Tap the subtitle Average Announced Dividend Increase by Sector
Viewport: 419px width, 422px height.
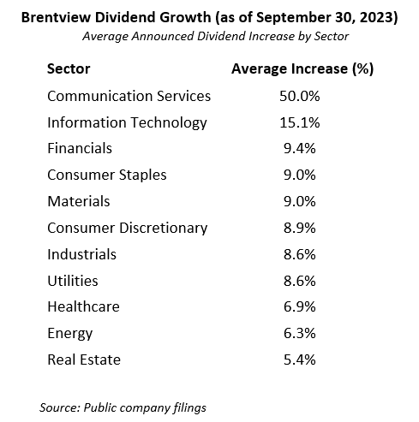tap(216, 37)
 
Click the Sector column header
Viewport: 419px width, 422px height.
tap(69, 68)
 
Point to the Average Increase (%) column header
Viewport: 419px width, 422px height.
tap(302, 69)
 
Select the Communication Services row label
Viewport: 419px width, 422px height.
tap(129, 96)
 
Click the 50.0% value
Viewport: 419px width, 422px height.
tap(300, 96)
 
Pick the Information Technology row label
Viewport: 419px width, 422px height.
tap(127, 123)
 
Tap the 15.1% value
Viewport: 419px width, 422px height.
tap(300, 122)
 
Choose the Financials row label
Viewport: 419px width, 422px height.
tap(80, 148)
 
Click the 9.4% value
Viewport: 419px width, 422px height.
tap(300, 149)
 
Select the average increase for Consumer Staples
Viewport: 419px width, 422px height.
tap(300, 175)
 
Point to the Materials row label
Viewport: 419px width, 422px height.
tap(79, 201)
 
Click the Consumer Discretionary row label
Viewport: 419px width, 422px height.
tap(128, 229)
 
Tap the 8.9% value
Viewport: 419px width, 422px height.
tap(300, 228)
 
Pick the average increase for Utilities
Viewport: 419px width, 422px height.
tap(300, 281)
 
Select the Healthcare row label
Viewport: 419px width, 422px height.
tap(83, 306)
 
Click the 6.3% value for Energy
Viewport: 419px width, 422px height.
tap(300, 333)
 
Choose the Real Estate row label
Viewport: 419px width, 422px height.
tap(84, 360)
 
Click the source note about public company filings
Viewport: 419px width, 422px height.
tap(123, 407)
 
